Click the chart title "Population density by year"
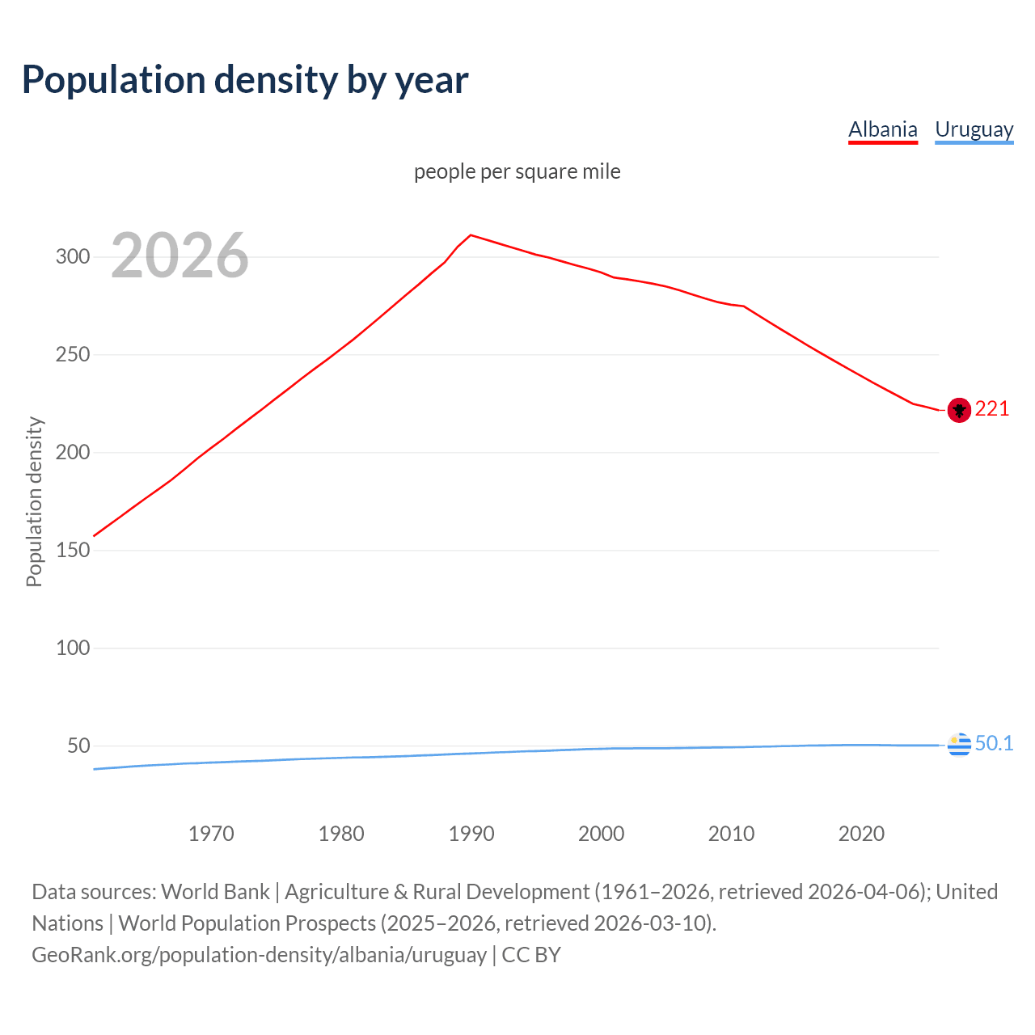pos(245,80)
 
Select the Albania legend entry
pos(882,129)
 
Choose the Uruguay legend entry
pos(974,129)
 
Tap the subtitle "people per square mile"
pos(517,171)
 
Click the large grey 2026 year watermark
pos(180,256)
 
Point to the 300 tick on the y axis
pos(72,257)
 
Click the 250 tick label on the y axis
pos(72,355)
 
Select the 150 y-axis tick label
pos(72,551)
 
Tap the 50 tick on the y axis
pos(78,746)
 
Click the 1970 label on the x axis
pos(211,834)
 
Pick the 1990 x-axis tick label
pos(471,834)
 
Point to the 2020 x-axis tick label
pos(861,834)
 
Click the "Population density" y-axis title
pos(34,501)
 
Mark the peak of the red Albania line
pos(471,235)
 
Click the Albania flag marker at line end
pos(959,411)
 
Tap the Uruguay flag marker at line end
pos(959,744)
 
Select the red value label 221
pos(992,409)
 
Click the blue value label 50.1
pos(994,743)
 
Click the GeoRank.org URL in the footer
pos(259,955)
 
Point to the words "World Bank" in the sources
pos(215,892)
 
